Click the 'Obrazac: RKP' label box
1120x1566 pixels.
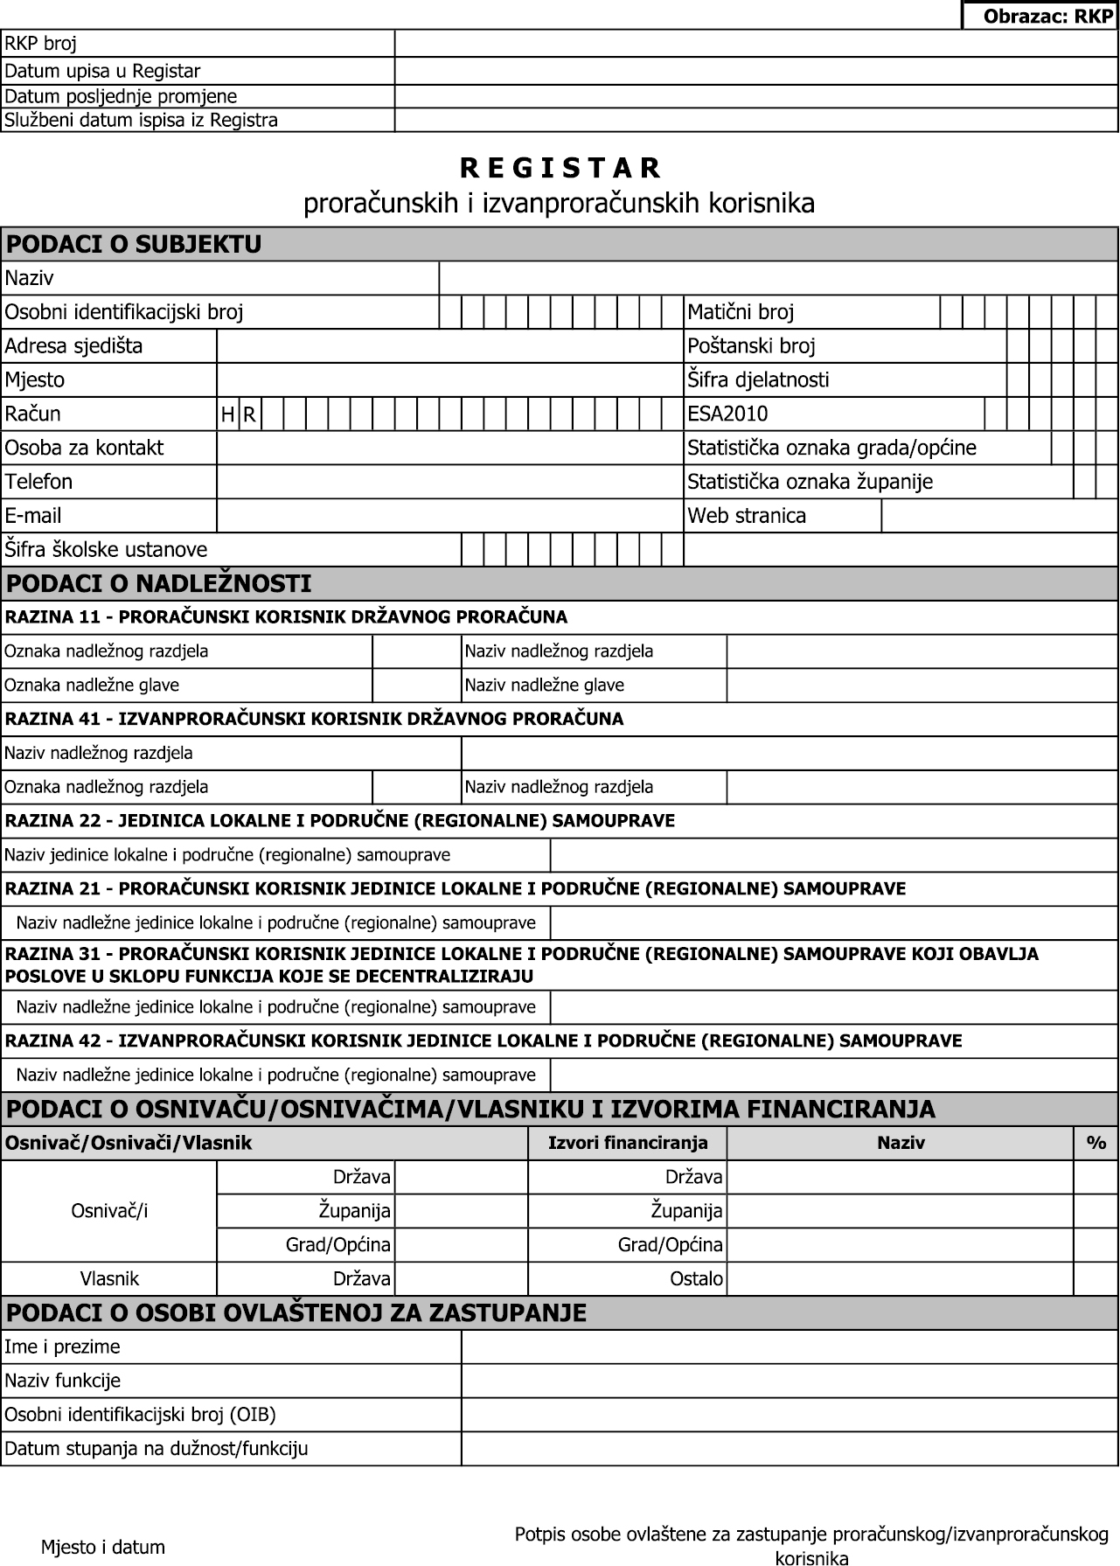click(x=1040, y=16)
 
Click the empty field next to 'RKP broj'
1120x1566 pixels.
click(x=756, y=44)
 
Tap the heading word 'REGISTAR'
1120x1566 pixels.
click(x=560, y=167)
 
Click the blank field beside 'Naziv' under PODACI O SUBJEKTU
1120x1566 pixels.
click(x=778, y=278)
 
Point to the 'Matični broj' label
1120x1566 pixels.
click(x=741, y=312)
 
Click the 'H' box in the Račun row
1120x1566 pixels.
click(x=228, y=414)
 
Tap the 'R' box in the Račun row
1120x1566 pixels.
click(x=249, y=414)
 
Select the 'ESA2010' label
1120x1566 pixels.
click(x=727, y=414)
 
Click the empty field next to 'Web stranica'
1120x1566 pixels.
click(x=999, y=516)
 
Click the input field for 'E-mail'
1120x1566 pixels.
click(x=449, y=516)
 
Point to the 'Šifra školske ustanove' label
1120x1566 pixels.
click(x=106, y=550)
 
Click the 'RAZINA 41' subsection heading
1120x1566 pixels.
click(x=314, y=719)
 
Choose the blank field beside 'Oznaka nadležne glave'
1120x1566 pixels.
click(x=416, y=686)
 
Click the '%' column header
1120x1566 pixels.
click(x=1096, y=1143)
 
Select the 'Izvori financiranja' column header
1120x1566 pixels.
click(x=627, y=1143)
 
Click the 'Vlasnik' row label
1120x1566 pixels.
click(x=109, y=1279)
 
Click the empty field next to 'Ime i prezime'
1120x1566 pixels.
click(x=790, y=1347)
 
